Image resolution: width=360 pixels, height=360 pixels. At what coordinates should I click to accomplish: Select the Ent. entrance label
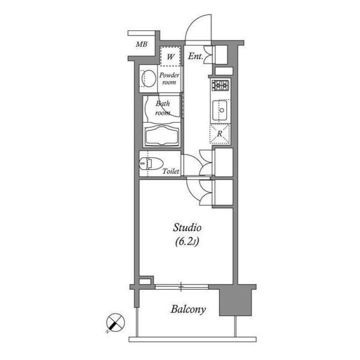tap(196, 56)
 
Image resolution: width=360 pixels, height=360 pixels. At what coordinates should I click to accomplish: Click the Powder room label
tap(168, 79)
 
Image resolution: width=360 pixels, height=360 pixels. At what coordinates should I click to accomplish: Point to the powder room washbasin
tap(149, 78)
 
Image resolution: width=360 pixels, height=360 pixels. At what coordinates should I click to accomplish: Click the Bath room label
tap(163, 107)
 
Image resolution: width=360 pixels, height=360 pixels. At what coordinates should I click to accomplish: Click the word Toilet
tap(170, 171)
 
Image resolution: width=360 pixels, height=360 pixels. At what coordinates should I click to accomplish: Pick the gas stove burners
tap(220, 85)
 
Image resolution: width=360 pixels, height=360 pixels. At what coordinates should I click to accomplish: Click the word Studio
tap(187, 228)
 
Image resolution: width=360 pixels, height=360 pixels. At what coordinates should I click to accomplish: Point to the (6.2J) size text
tap(187, 242)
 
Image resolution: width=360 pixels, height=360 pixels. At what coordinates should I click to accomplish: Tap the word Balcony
tap(188, 309)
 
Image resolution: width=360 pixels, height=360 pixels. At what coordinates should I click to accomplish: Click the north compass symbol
tap(115, 323)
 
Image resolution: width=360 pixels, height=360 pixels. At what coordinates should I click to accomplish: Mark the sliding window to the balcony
tap(181, 287)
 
